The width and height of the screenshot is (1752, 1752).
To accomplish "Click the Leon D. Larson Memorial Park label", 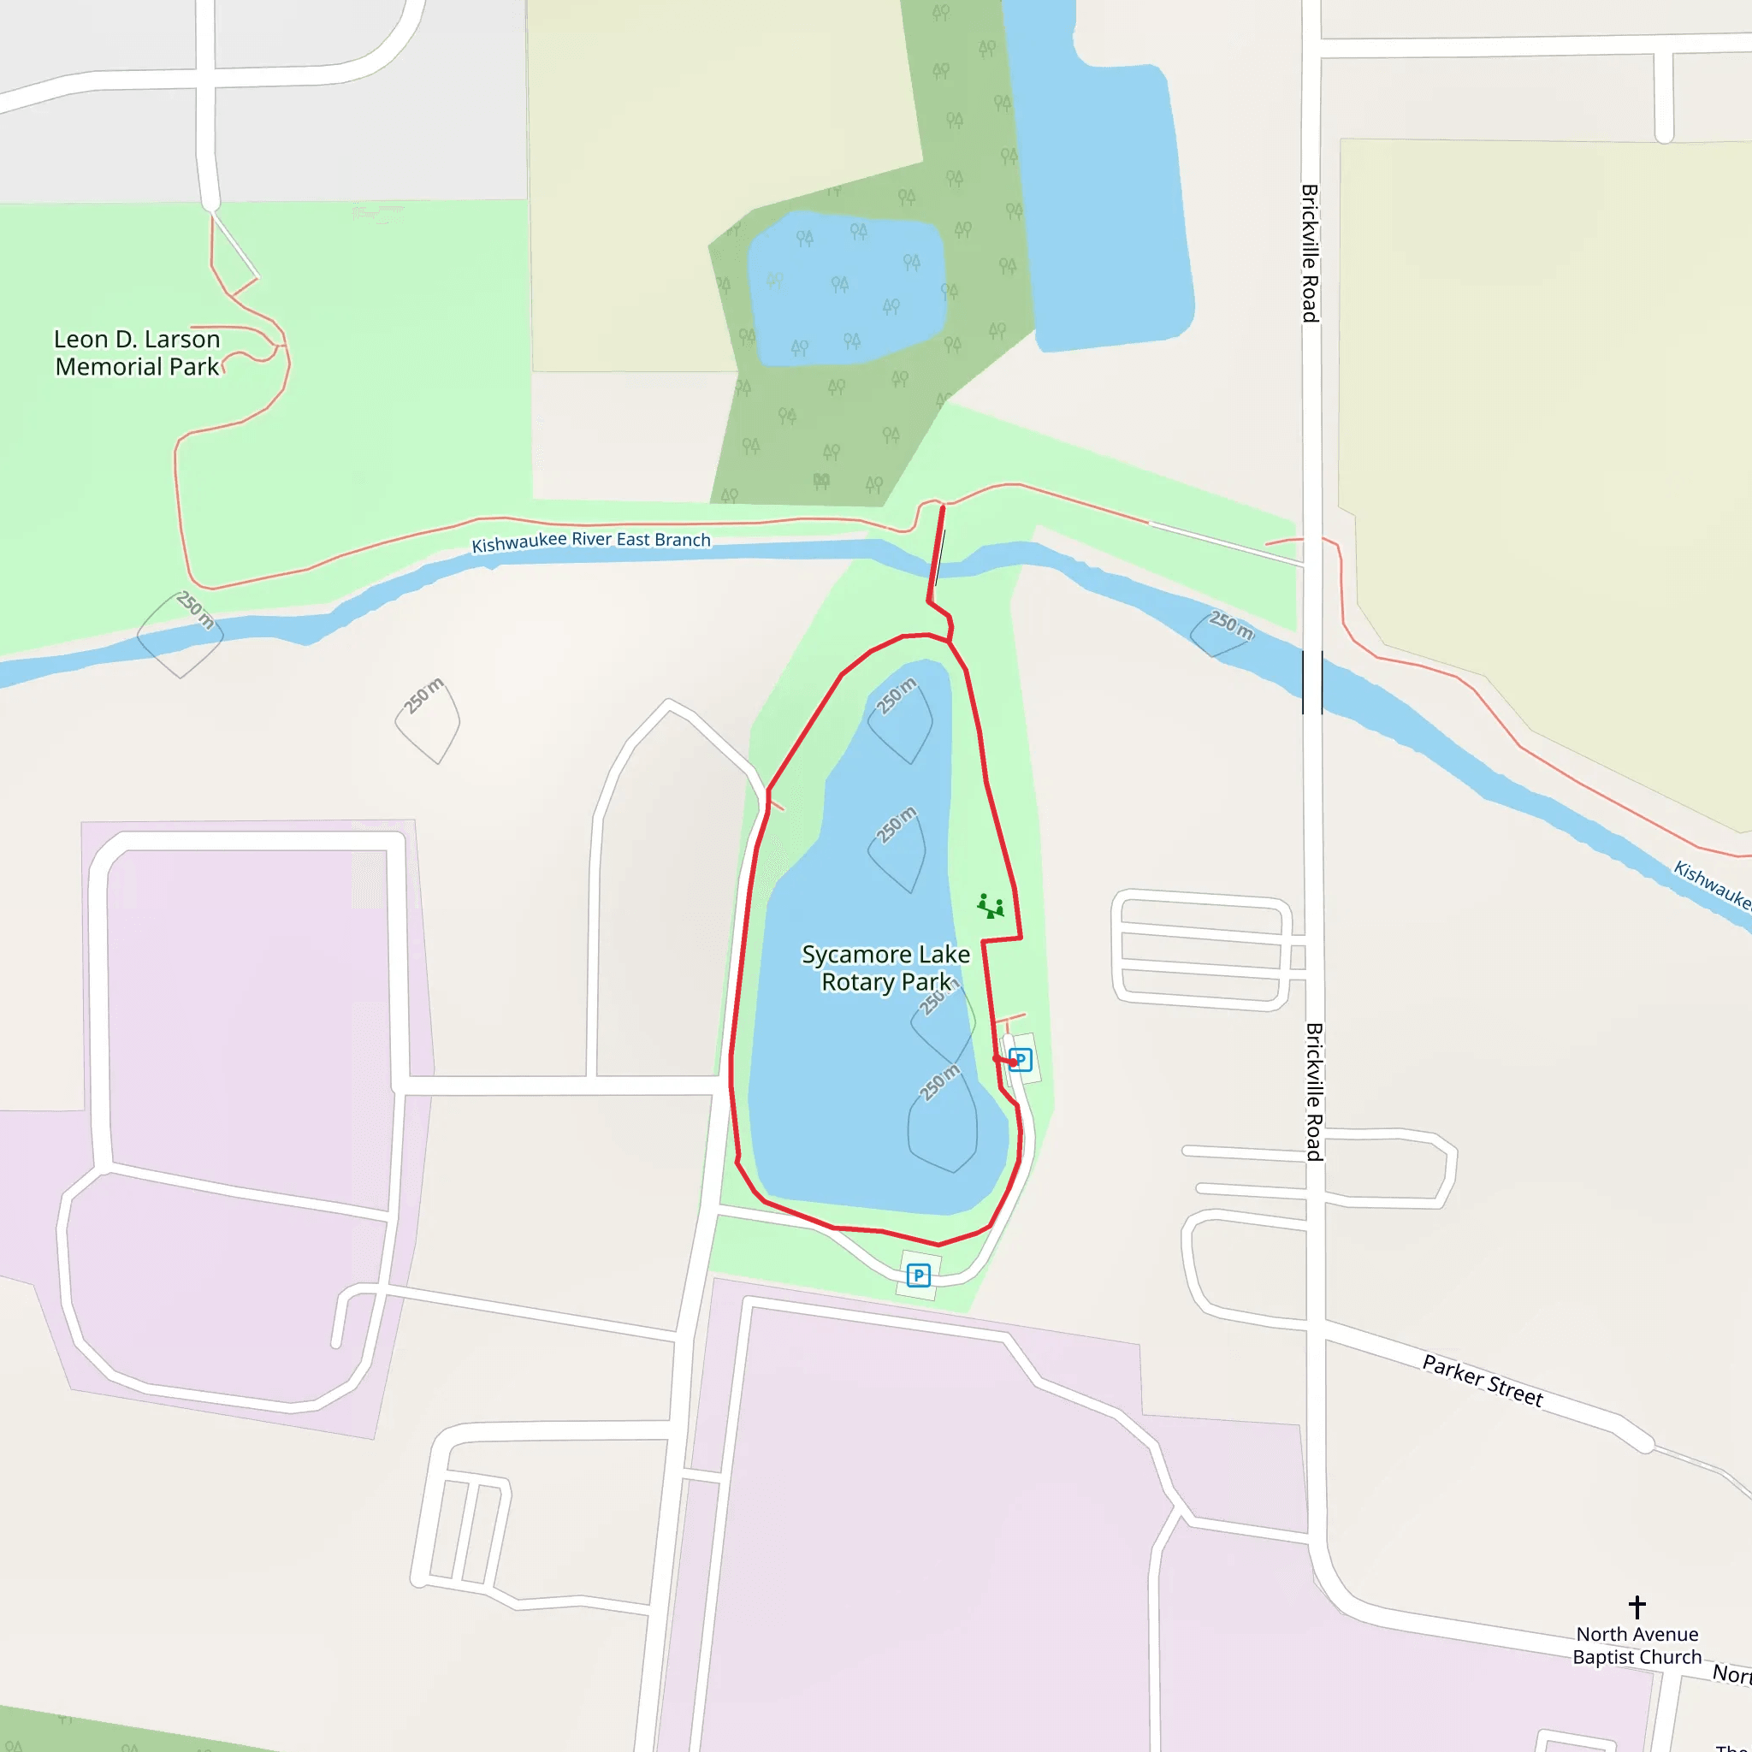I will tap(137, 352).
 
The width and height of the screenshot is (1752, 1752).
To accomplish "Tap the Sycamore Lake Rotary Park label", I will tap(886, 968).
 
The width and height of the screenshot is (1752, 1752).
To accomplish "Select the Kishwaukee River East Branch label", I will tap(591, 542).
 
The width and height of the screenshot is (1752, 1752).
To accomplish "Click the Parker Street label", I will tap(1482, 1380).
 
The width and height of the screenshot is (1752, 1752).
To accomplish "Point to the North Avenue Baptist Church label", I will tap(1637, 1645).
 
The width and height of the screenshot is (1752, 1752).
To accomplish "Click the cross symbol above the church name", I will tap(1637, 1607).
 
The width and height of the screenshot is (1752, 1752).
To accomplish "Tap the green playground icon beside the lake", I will tap(991, 906).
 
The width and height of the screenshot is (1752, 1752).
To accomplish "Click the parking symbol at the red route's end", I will tap(1021, 1059).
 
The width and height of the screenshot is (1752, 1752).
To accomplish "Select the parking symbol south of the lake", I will tap(919, 1276).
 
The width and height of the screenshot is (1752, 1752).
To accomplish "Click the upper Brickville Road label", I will tap(1310, 253).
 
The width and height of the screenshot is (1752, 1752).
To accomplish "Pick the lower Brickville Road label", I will tap(1314, 1092).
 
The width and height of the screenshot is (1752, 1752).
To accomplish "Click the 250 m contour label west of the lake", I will tap(424, 695).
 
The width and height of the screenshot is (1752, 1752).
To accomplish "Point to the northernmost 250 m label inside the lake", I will tap(897, 695).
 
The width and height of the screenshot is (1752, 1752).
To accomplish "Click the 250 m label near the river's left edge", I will tap(195, 609).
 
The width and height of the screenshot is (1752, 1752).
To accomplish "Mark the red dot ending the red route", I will tap(1013, 1062).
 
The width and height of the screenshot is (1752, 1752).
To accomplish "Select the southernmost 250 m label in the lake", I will tap(939, 1083).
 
